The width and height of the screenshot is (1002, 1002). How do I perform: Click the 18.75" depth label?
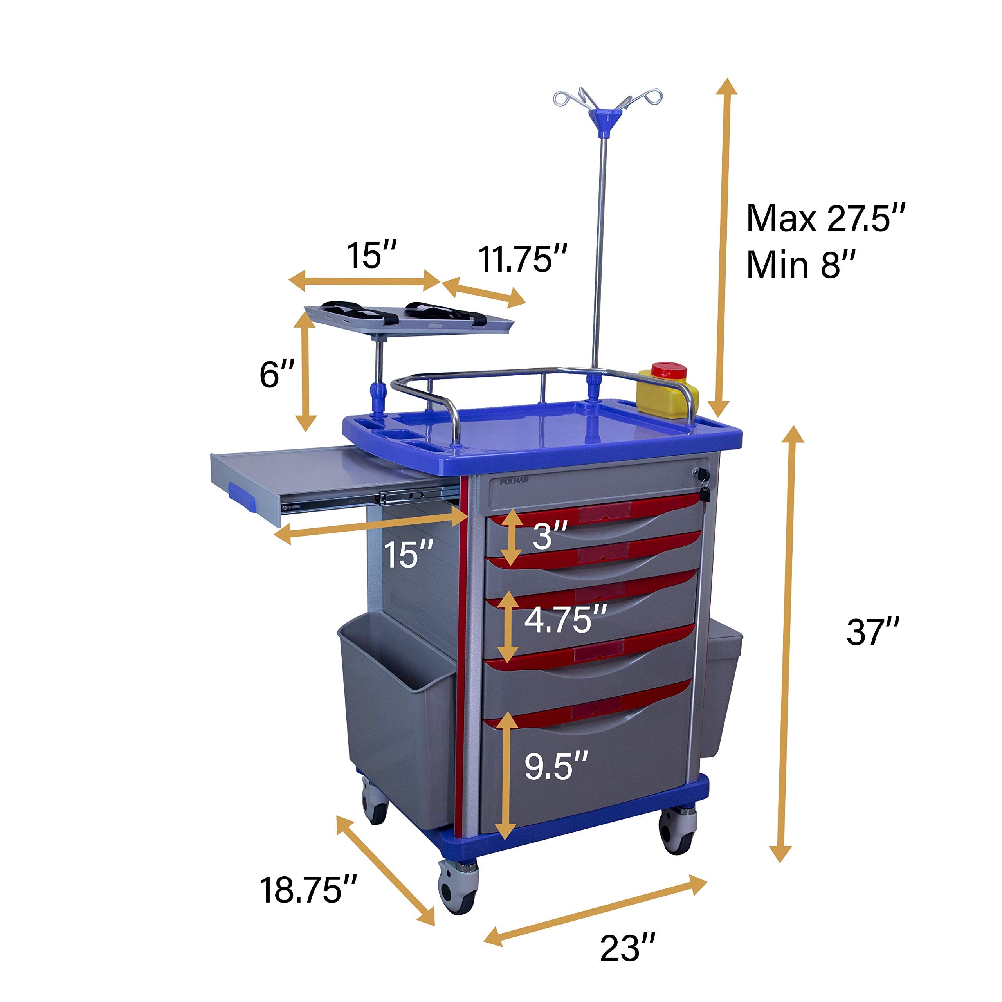click(308, 890)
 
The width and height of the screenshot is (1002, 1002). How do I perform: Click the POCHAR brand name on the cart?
click(514, 480)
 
